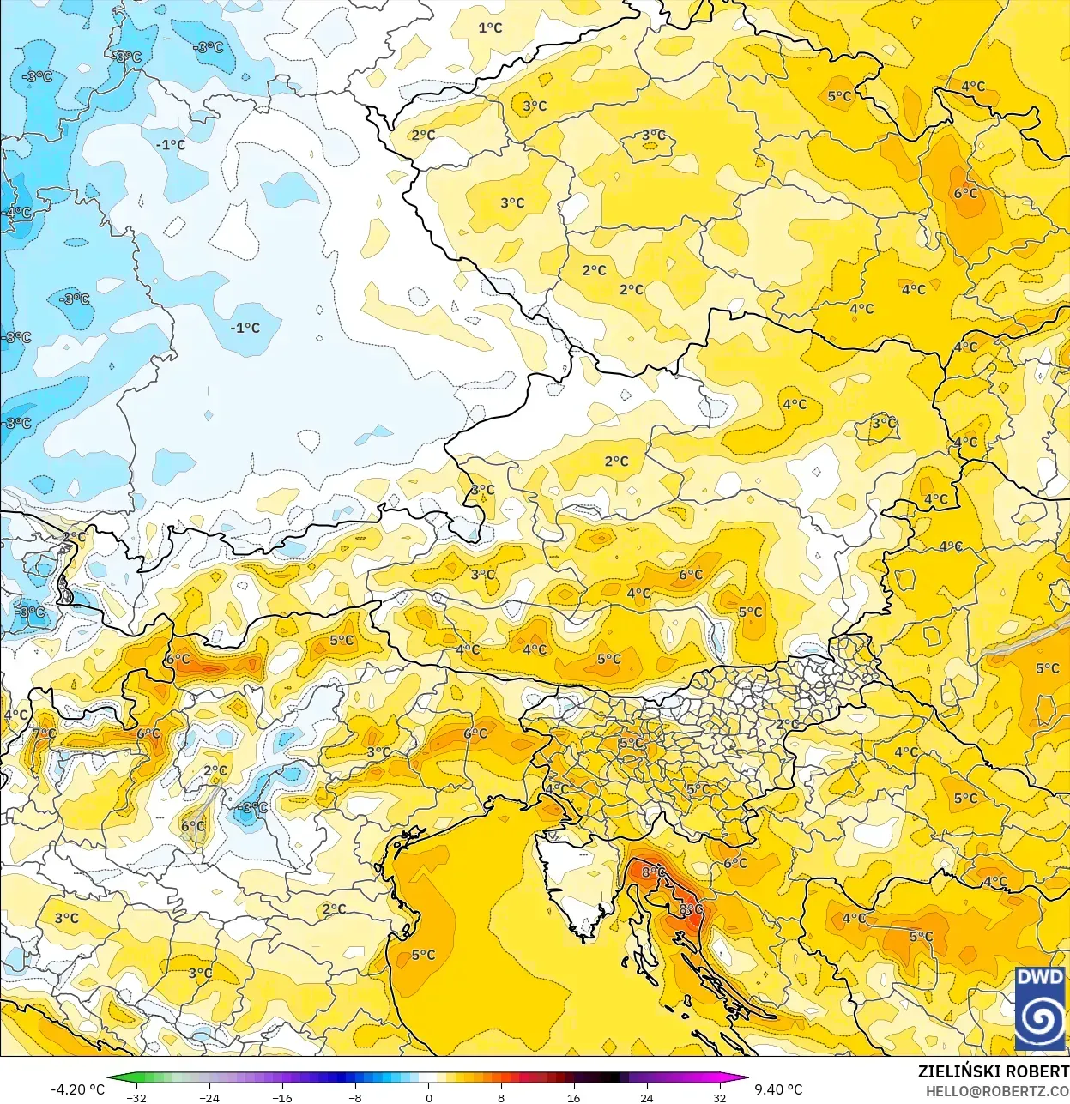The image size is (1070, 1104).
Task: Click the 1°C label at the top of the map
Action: (x=490, y=27)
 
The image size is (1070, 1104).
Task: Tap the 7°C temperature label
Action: (x=44, y=733)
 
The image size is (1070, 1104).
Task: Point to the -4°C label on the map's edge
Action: (x=17, y=212)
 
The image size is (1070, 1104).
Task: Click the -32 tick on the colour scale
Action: (x=136, y=1097)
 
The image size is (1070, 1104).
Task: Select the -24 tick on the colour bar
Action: (x=209, y=1097)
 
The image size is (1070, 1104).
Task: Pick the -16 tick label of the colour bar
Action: (x=282, y=1097)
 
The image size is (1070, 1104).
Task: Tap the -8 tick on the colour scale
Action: (x=355, y=1097)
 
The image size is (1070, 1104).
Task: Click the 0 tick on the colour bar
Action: (x=428, y=1097)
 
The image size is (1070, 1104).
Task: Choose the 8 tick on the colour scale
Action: (x=501, y=1097)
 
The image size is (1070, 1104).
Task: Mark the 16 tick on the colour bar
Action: (x=573, y=1097)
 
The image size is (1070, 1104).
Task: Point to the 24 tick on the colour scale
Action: (x=646, y=1097)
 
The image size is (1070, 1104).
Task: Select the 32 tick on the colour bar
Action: (x=719, y=1097)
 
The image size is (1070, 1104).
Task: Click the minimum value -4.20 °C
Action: (x=77, y=1089)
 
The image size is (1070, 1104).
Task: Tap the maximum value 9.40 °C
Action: (x=778, y=1089)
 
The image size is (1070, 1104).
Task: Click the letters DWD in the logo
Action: (x=1040, y=977)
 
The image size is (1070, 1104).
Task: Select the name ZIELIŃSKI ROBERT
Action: (x=993, y=1071)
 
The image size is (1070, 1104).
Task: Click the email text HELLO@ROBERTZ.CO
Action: (x=997, y=1090)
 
